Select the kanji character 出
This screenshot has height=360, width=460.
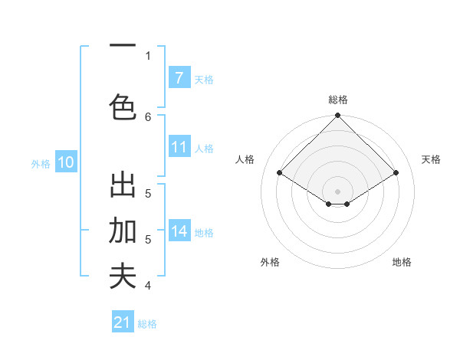123,186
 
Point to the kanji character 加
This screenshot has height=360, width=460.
123,231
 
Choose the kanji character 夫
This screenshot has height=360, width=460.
123,276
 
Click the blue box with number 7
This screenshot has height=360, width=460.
179,78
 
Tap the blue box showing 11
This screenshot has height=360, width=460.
179,147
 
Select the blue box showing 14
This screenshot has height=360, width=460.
179,231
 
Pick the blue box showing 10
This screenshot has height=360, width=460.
66,162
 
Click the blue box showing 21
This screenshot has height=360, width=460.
123,322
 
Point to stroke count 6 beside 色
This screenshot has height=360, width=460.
148,116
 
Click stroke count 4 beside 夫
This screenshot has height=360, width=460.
148,286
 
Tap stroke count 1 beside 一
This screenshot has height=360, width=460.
148,55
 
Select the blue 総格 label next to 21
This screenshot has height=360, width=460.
147,324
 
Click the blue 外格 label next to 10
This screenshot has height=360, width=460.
41,163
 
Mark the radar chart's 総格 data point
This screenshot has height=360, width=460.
337,116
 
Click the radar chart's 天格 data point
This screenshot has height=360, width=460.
396,173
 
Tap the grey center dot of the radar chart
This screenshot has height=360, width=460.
337,191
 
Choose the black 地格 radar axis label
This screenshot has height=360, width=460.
402,262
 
